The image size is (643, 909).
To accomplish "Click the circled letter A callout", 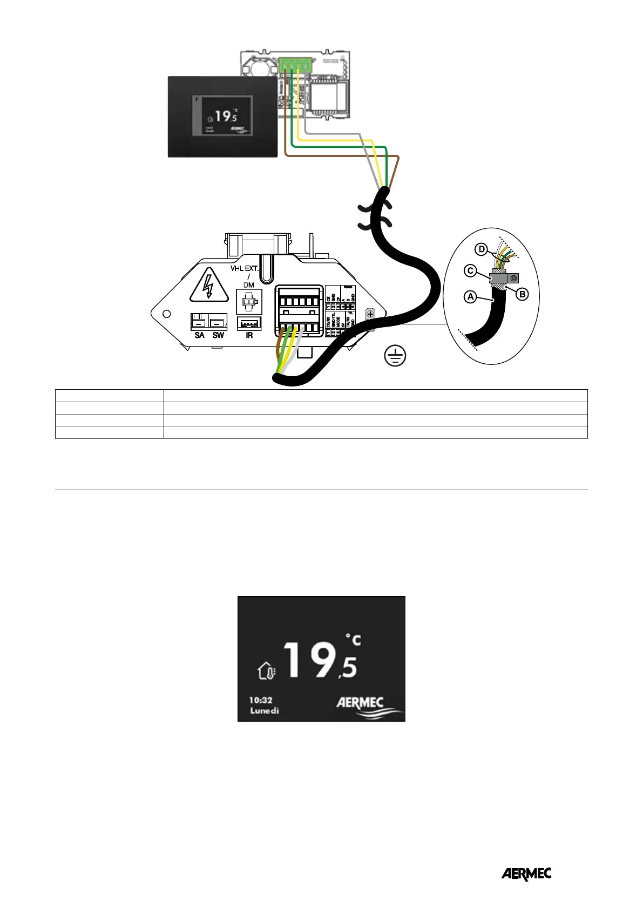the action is pyautogui.click(x=471, y=296).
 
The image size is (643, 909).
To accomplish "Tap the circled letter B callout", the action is pyautogui.click(x=522, y=294).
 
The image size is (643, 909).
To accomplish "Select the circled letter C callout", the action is pyautogui.click(x=471, y=270).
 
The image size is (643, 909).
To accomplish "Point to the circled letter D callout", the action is pyautogui.click(x=482, y=249).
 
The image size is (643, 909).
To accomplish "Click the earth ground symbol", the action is pyautogui.click(x=395, y=356).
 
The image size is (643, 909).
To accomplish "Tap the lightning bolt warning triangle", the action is pyautogui.click(x=208, y=286).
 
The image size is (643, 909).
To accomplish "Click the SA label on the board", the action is pyautogui.click(x=199, y=335).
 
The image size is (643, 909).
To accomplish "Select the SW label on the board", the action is pyautogui.click(x=218, y=335).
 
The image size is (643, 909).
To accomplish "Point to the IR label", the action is pyautogui.click(x=249, y=335).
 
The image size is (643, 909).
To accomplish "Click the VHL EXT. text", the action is pyautogui.click(x=245, y=268).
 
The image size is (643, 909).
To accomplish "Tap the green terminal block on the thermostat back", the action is pyautogui.click(x=295, y=65).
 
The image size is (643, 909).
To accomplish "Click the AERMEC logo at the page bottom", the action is pyautogui.click(x=526, y=874).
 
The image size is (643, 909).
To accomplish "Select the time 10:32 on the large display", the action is pyautogui.click(x=260, y=700).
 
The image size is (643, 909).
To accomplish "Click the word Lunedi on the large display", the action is pyautogui.click(x=265, y=710).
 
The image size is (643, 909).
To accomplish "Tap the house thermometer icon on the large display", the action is pyautogui.click(x=267, y=671).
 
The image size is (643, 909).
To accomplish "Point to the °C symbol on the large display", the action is pyautogui.click(x=353, y=641).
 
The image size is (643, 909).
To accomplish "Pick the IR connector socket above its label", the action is pyautogui.click(x=249, y=323).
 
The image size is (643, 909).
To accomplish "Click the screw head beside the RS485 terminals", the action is pyautogui.click(x=370, y=314).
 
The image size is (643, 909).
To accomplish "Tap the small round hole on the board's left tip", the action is pyautogui.click(x=167, y=314).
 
